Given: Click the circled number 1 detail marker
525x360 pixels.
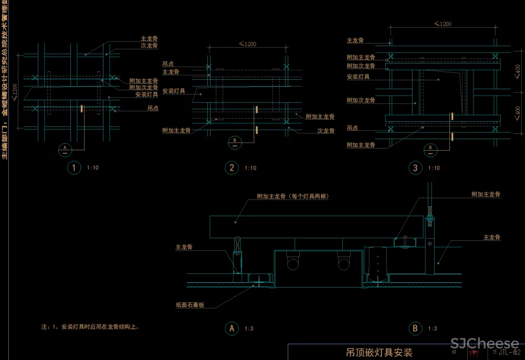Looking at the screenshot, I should tap(74, 168).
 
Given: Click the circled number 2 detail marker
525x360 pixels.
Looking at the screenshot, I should tap(232, 168).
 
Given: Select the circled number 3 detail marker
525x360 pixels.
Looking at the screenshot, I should tap(415, 168).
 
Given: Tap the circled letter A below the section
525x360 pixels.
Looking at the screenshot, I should tap(232, 329).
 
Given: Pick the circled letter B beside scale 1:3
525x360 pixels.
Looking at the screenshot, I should tap(415, 329).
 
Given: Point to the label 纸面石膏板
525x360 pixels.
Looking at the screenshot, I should tap(190, 304).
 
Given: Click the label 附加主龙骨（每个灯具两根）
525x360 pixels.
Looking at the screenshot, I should tap(296, 196).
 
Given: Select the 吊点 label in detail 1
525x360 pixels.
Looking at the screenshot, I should tap(153, 108).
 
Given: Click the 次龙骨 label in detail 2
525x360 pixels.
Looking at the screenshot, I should tap(326, 131).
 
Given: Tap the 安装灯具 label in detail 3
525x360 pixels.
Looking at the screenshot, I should tap(358, 77).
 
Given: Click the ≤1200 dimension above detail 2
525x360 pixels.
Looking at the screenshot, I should tap(247, 44).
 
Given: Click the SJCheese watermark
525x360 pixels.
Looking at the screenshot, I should tap(484, 344).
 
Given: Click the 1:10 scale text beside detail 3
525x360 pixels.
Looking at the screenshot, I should tap(434, 168).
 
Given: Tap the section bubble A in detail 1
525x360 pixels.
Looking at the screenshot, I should tap(65, 149).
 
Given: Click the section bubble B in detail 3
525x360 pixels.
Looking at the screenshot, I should tap(430, 149).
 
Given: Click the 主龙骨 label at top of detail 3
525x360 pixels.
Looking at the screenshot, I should tap(355, 40).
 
